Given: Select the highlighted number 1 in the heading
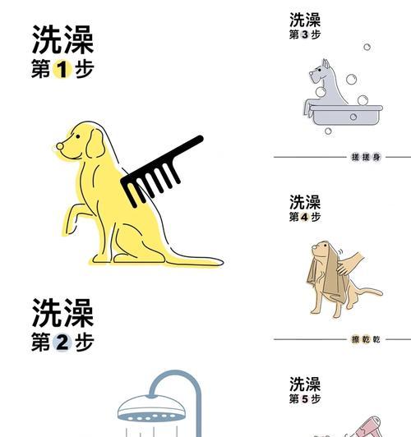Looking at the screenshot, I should coord(62,70).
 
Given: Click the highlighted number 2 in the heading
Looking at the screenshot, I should coord(62,343).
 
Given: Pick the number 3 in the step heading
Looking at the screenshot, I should coord(305,35).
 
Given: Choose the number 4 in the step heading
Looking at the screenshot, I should coord(305,218).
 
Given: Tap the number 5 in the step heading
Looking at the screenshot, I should coord(305,399).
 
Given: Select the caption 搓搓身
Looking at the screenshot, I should coord(365,157).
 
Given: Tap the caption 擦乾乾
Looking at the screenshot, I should coord(365,339).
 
